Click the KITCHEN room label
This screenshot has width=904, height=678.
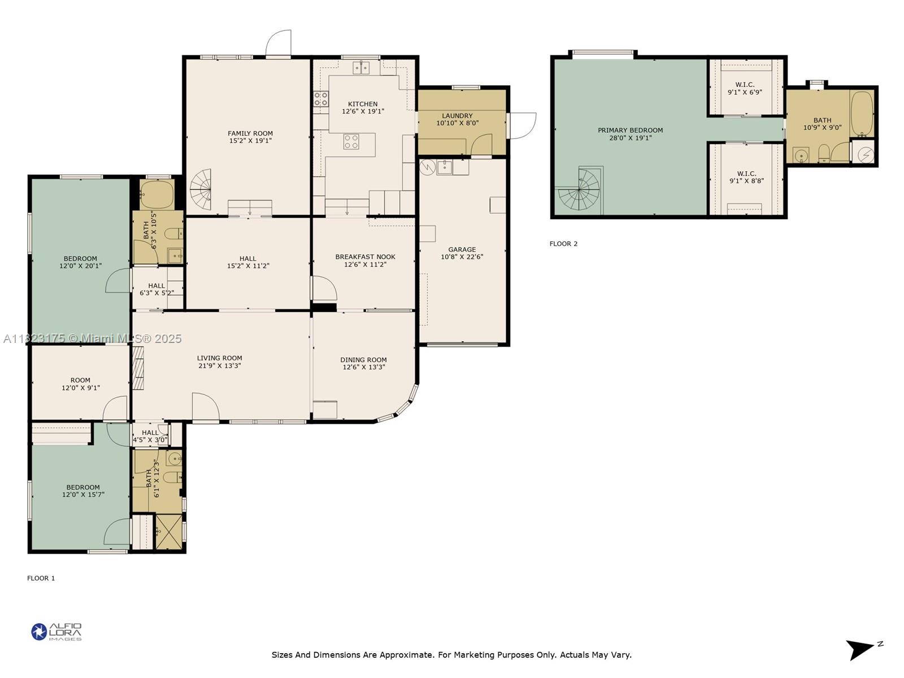click(362, 104)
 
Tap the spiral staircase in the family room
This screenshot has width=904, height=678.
click(201, 190)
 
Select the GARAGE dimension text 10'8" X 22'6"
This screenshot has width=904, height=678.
click(462, 257)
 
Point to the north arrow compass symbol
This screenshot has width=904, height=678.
click(863, 649)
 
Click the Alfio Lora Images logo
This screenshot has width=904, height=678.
click(56, 632)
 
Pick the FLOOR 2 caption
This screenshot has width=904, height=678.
click(563, 244)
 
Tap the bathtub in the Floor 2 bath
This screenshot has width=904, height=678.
click(862, 114)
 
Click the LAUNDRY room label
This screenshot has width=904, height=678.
click(457, 116)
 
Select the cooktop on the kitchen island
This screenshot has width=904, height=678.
click(351, 142)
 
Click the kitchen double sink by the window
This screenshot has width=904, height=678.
click(361, 67)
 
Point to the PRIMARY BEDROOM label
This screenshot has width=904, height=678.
click(630, 131)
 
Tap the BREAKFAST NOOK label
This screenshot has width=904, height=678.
click(365, 257)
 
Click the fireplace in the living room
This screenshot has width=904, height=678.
click(138, 368)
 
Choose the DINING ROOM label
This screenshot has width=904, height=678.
click(363, 360)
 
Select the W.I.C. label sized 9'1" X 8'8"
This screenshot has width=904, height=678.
click(746, 177)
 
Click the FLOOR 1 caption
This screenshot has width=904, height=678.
click(41, 579)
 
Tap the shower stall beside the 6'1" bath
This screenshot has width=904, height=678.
click(169, 532)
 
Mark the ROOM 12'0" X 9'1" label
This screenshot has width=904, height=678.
click(80, 384)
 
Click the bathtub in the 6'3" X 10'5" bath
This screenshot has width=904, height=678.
click(157, 194)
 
